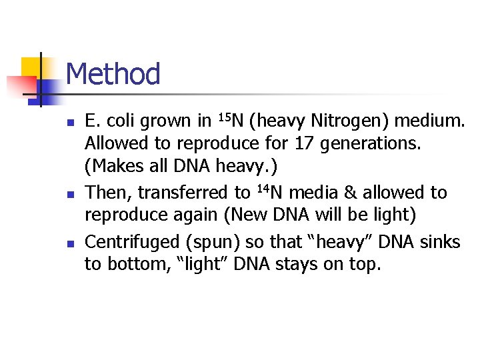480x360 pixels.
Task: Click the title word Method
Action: click(113, 74)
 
